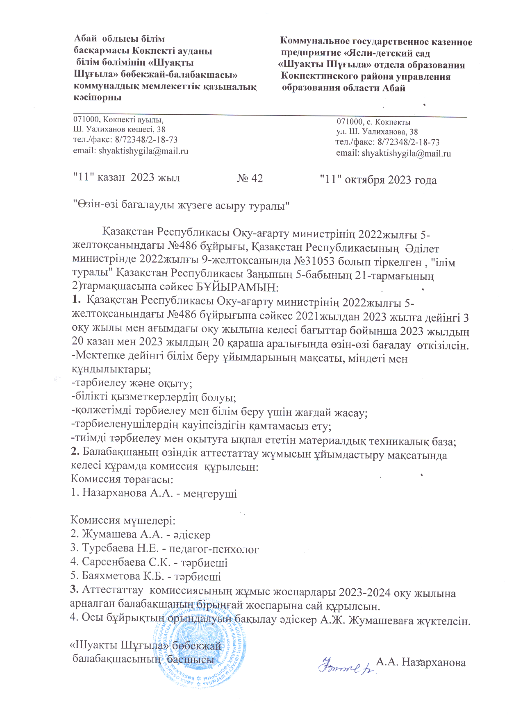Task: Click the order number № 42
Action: point(250,179)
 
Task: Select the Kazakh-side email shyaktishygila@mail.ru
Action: point(131,151)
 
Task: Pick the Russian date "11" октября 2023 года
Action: point(378,180)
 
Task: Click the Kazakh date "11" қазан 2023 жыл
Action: point(126,178)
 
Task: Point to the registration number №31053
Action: point(317,261)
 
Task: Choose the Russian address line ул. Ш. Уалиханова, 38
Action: point(377,132)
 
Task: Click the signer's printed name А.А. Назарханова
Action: point(421,662)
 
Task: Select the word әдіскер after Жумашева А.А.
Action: point(192,535)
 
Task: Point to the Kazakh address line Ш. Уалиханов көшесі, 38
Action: point(119,129)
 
